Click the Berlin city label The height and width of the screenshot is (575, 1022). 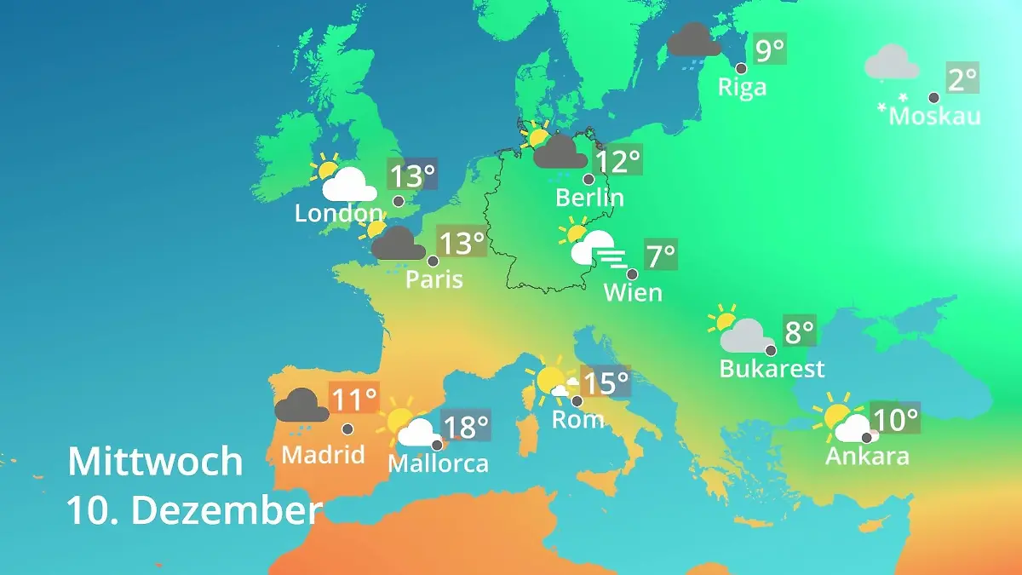point(589,198)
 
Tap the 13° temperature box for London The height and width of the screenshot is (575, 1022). point(412,176)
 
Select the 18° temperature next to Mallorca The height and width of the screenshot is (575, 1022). point(467,425)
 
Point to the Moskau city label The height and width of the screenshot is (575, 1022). point(934,116)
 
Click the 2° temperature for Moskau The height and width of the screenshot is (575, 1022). point(962,79)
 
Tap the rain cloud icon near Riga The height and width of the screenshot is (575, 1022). point(693,41)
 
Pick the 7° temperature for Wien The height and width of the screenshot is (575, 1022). point(661,255)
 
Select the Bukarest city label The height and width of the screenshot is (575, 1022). point(772,369)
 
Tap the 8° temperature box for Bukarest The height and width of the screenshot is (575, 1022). point(800,331)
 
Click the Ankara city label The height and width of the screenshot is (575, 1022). point(867,456)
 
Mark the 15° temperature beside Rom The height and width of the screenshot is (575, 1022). point(606,382)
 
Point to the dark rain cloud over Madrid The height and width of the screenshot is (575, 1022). point(301,406)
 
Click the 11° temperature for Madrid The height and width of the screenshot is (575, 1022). point(353,399)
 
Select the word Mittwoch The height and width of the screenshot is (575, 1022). point(155,462)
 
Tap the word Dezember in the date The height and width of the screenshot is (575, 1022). point(227,511)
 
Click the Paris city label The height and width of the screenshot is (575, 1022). point(434,279)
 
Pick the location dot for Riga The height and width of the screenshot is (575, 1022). point(741,68)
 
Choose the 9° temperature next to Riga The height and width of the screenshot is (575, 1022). point(769,49)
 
